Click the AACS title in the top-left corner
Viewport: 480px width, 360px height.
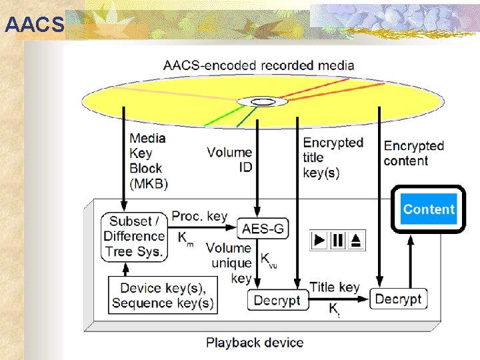tap(33, 25)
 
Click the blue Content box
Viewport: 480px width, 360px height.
tap(428, 209)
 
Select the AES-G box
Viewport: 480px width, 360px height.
tap(263, 229)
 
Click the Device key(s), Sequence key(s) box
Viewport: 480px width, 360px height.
tap(163, 295)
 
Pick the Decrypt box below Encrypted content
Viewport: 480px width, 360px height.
tap(398, 299)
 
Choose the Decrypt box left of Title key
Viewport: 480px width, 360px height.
tap(277, 300)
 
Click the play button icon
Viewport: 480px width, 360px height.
tap(321, 240)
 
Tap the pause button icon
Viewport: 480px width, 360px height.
tap(339, 240)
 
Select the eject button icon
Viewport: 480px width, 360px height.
tap(357, 240)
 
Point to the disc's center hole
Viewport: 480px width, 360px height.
tap(257, 102)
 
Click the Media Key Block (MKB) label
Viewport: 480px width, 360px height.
tap(148, 161)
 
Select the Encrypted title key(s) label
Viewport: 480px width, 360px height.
tap(332, 157)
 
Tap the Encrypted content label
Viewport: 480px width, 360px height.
tap(413, 153)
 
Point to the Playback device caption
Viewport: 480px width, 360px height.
tap(255, 343)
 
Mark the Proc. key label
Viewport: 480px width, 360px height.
tap(199, 216)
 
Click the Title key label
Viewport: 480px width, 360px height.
tap(335, 287)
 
